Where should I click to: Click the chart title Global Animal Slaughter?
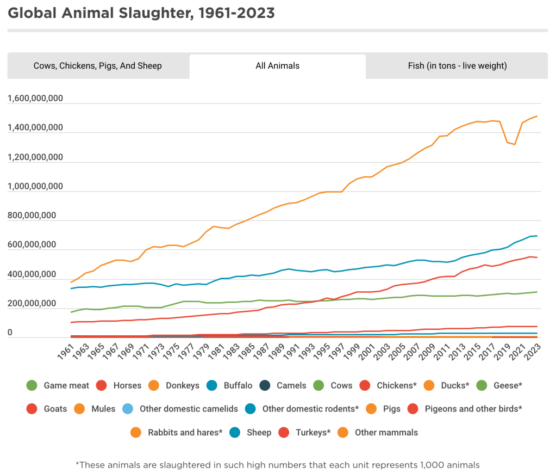[141, 13]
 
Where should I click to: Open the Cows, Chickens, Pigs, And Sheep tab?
[98, 66]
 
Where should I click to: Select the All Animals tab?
[277, 66]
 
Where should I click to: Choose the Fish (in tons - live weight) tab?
[457, 66]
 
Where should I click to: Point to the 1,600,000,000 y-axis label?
[35, 99]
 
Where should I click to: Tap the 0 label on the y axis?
[10, 333]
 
